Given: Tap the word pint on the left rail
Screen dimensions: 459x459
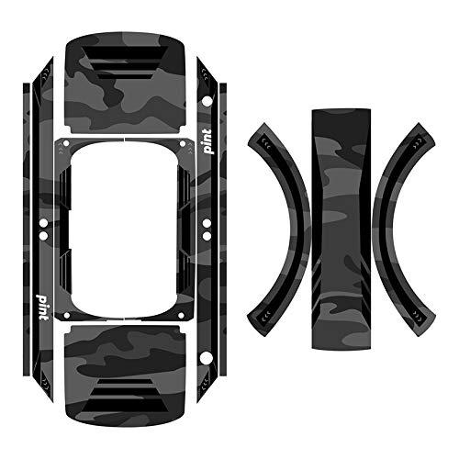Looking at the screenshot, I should click(x=42, y=300).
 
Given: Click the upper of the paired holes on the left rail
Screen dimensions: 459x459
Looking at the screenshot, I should click(x=42, y=221).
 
